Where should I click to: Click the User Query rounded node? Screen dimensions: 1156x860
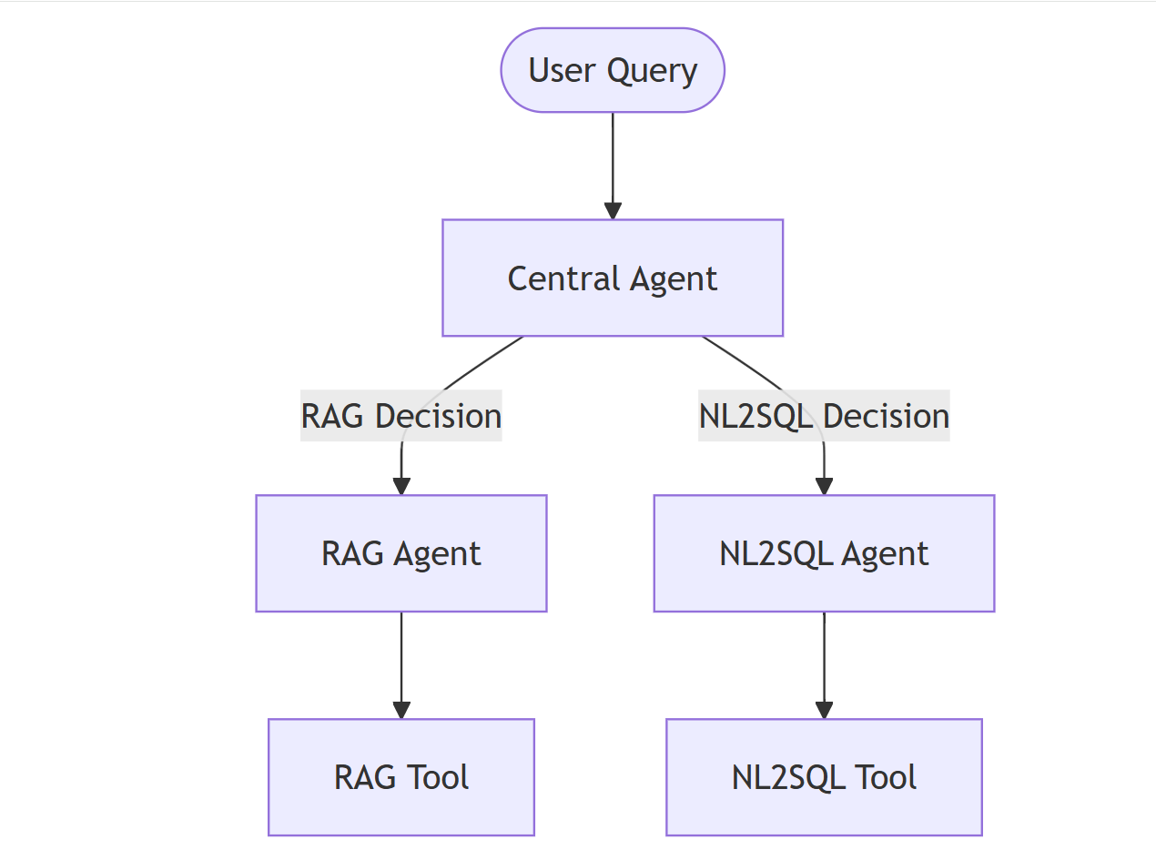click(613, 70)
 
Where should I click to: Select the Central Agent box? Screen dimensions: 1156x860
click(613, 278)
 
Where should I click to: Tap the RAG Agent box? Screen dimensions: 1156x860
click(401, 553)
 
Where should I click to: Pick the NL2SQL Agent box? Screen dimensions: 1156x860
click(824, 553)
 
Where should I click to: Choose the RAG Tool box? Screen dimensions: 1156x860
click(401, 776)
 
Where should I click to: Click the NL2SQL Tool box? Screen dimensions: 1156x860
click(824, 776)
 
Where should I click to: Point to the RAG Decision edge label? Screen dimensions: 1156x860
click(401, 415)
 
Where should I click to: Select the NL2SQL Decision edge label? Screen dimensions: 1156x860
click(824, 415)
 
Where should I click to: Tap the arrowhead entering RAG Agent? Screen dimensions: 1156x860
click(401, 486)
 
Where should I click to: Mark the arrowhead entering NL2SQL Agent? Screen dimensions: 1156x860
click(824, 486)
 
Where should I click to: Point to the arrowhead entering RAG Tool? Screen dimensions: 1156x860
click(401, 710)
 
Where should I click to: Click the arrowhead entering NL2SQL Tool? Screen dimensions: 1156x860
click(824, 710)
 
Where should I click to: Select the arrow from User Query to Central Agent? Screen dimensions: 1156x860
click(613, 166)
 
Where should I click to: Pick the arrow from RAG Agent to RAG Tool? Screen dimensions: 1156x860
click(401, 665)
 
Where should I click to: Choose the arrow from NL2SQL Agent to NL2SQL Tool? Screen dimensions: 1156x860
click(824, 665)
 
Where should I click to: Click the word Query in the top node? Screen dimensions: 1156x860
click(652, 71)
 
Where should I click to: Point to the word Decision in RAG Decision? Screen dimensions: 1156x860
click(439, 416)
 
